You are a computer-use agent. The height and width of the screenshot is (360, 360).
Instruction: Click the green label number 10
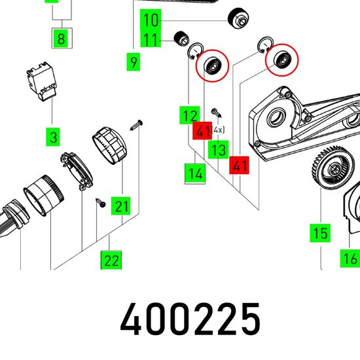click(151, 20)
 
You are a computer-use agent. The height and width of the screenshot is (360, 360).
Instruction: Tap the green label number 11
click(151, 39)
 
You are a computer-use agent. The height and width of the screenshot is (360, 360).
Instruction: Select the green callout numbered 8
click(61, 39)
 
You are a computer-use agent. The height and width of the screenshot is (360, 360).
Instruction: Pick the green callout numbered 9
click(134, 62)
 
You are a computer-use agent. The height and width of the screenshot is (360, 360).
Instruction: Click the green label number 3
click(53, 137)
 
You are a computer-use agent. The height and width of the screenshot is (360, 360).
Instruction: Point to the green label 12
click(190, 115)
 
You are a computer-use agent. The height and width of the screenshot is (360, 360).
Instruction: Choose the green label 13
click(219, 149)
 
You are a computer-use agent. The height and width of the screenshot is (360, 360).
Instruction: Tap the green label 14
click(195, 173)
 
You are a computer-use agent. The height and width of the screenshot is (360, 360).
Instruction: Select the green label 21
click(121, 206)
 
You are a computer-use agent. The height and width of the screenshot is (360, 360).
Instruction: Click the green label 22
click(111, 260)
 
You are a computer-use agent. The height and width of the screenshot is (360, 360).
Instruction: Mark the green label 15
click(320, 233)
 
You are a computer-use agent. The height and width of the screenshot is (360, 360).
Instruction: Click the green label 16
click(350, 259)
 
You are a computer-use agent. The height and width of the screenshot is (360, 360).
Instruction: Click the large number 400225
click(190, 319)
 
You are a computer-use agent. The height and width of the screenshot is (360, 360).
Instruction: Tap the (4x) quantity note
click(218, 130)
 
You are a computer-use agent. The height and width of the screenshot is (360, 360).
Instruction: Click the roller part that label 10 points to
click(238, 19)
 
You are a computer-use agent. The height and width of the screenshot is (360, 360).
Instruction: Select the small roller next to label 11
click(181, 39)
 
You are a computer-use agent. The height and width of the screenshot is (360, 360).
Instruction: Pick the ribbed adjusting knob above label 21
click(110, 145)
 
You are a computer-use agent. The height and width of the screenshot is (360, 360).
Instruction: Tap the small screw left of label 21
click(101, 203)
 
